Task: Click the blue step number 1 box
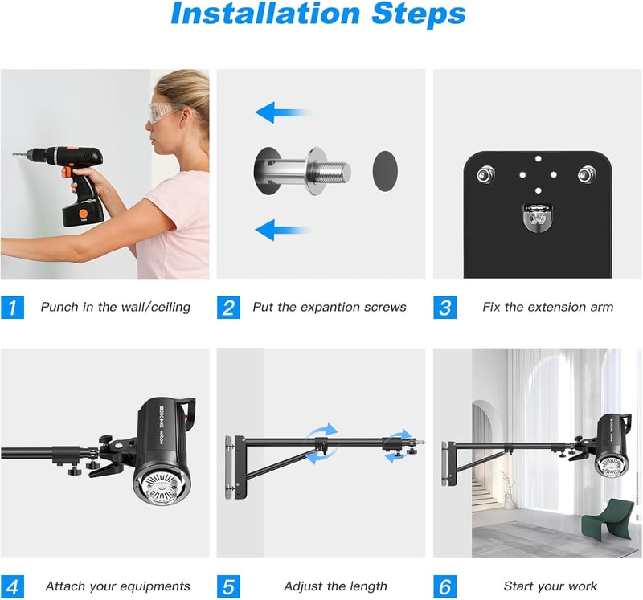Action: (x=12, y=307)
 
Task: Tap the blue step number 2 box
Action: (x=228, y=307)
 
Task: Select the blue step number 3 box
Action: (x=445, y=307)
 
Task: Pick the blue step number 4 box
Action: (x=12, y=586)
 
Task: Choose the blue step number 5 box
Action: (x=228, y=586)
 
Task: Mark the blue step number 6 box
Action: (x=445, y=586)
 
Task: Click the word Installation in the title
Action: (x=265, y=14)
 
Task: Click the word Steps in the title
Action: (x=419, y=15)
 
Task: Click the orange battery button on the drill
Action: (x=84, y=214)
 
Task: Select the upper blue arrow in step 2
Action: (x=283, y=112)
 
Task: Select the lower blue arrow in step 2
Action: (x=283, y=230)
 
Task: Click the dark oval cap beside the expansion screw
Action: (x=385, y=171)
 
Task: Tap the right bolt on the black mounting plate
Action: (x=587, y=174)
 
